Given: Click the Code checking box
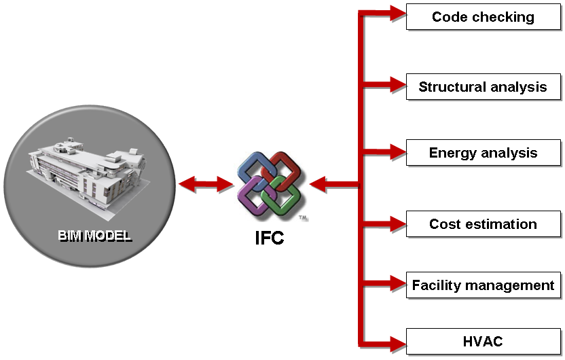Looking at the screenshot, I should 483,17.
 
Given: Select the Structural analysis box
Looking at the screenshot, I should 483,87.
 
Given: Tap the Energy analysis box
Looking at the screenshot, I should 483,153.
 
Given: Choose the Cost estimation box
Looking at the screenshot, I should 483,224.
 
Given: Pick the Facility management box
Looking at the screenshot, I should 483,285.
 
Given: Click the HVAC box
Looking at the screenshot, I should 483,341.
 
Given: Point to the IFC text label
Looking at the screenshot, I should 270,238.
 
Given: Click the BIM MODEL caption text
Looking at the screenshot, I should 94,236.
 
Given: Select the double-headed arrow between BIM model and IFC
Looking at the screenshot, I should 205,183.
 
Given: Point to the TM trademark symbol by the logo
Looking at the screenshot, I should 303,218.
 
